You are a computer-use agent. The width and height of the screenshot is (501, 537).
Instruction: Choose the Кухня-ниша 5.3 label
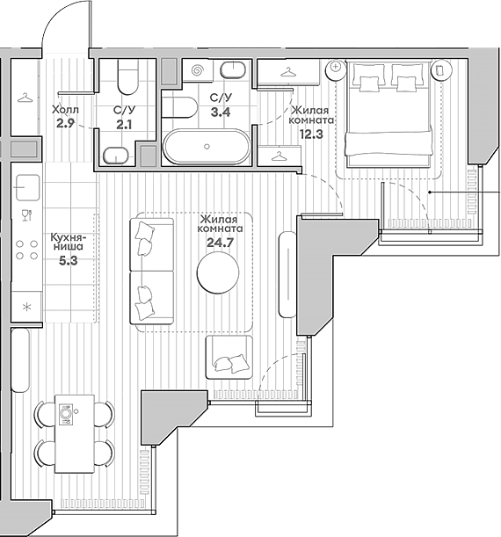coord(68,248)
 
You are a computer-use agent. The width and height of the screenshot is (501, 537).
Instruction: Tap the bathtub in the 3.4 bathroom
coord(206,147)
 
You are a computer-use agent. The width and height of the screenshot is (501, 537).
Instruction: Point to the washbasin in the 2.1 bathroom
coord(115,156)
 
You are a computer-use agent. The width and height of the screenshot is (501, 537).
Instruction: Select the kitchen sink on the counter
coord(26,186)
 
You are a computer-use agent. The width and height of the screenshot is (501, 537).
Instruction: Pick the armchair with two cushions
coord(229,358)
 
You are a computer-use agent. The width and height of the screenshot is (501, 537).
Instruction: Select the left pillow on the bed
coord(367,82)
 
